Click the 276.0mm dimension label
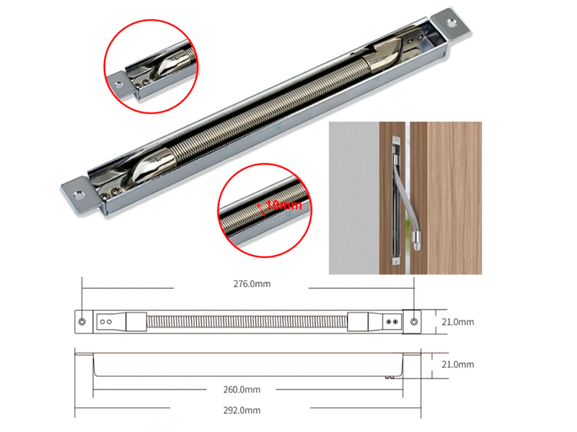tap(252, 284)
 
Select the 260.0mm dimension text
tap(242, 390)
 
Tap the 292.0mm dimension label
tap(242, 410)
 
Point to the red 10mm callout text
tap(283, 205)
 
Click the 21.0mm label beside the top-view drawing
tap(458, 322)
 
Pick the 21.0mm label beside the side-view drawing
tap(458, 364)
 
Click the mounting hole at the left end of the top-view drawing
tap(82, 322)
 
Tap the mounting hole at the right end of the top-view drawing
tap(414, 322)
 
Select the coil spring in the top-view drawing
tap(247, 322)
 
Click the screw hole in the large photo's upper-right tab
tap(452, 23)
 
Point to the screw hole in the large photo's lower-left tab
tap(79, 194)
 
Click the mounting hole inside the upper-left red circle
tap(119, 85)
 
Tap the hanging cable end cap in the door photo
tap(416, 241)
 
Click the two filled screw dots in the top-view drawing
tap(392, 322)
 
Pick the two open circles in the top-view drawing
tap(106, 322)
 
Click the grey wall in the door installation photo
tap(354, 198)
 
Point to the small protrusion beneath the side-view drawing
tap(389, 377)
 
